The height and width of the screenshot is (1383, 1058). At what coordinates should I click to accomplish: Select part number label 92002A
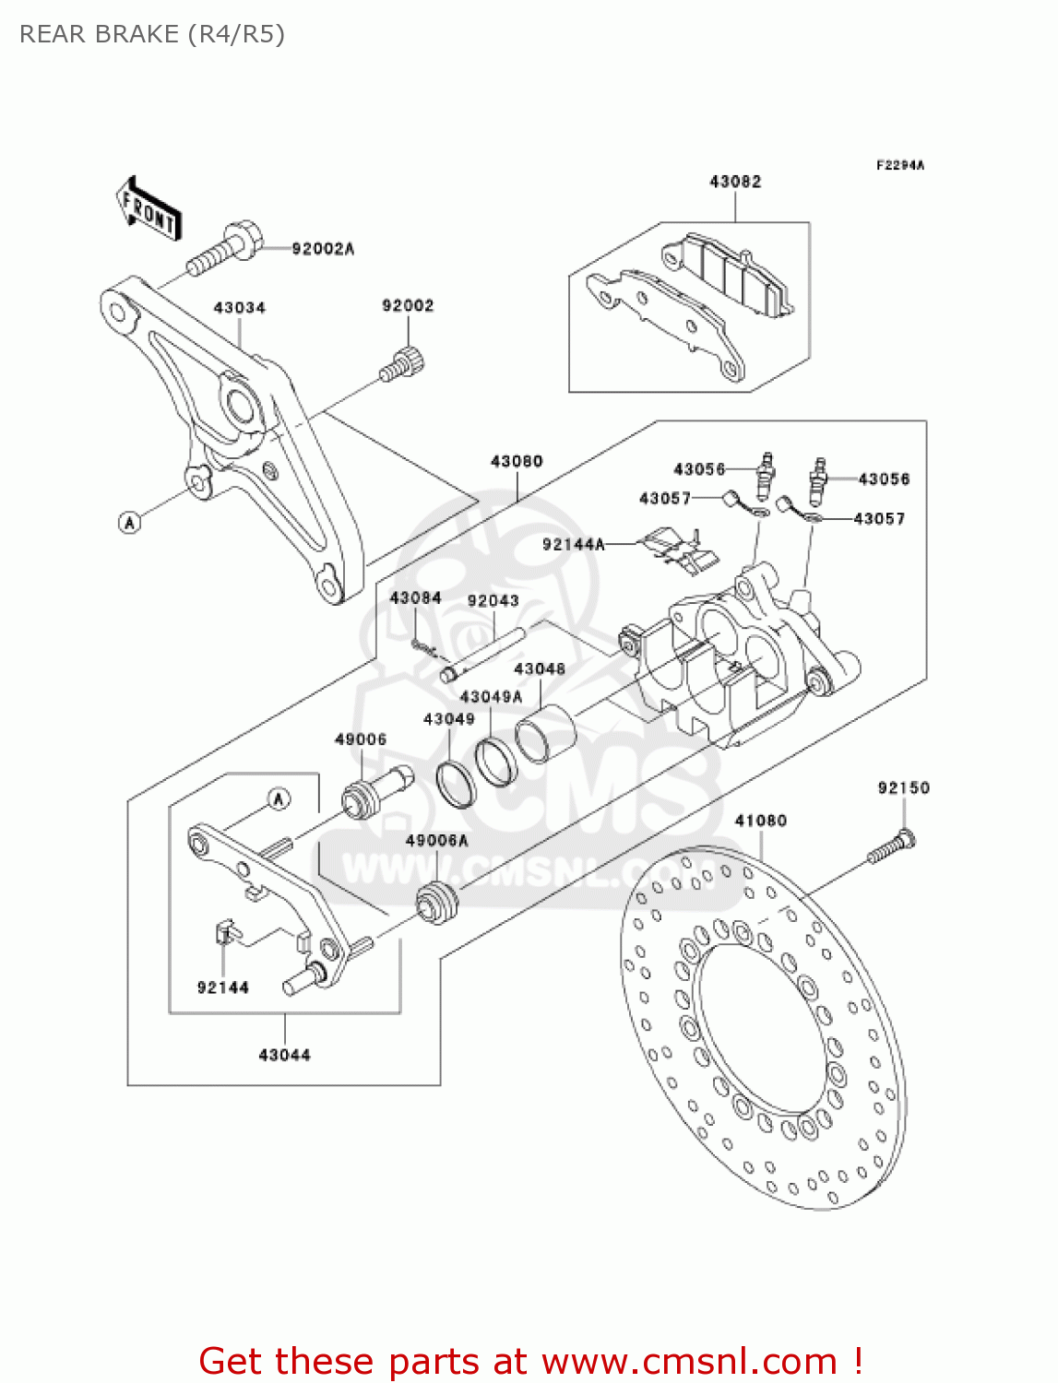coord(322,249)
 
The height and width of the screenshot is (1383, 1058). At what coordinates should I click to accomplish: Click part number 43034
coord(239,308)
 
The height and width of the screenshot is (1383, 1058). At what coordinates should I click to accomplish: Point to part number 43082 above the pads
coord(735,183)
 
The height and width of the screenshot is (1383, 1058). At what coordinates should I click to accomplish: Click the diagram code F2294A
coord(899,166)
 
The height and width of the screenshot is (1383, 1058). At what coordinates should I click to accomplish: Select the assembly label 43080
coord(517,461)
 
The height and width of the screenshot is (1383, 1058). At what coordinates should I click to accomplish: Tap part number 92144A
coord(573,545)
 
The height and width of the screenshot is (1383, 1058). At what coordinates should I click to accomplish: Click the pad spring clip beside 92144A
coord(679,548)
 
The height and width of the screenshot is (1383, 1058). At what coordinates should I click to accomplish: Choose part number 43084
coord(415,598)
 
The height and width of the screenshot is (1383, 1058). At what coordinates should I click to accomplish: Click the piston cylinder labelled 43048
coord(545,733)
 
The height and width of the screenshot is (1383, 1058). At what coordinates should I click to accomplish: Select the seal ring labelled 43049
coord(456,783)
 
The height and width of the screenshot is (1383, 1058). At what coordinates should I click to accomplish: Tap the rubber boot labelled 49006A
coord(437,903)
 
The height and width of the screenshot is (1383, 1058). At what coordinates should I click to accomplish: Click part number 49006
coord(360,739)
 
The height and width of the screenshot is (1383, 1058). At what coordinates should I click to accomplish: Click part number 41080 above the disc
coord(760,821)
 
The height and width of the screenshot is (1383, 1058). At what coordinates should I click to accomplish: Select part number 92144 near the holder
coord(222,987)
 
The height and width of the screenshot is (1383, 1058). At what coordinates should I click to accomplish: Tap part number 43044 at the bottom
coord(284,1055)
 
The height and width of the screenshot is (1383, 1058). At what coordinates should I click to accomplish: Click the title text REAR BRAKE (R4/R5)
coord(152,34)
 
